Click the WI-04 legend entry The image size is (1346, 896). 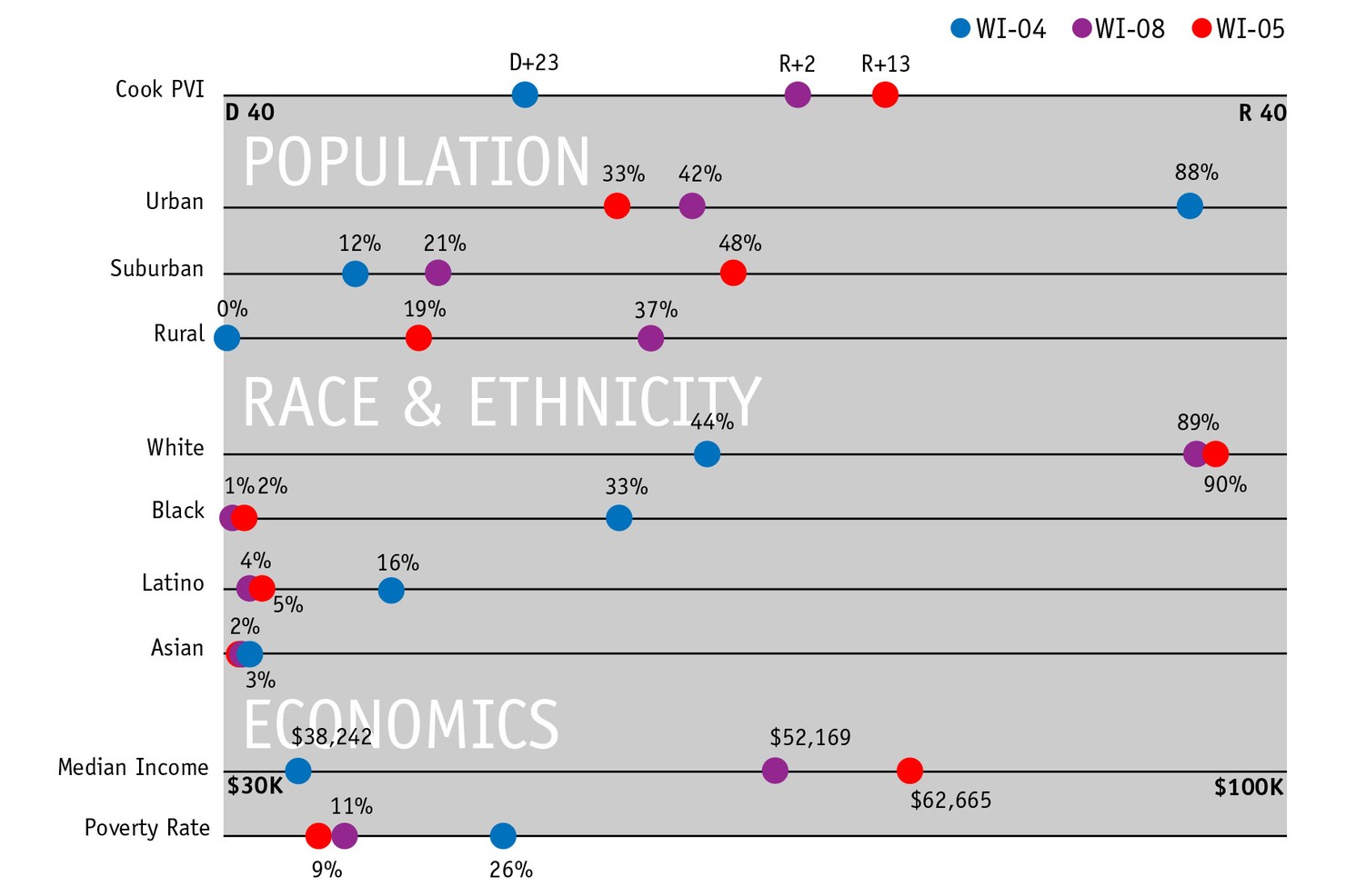[999, 29]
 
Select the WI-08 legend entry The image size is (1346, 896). [1119, 29]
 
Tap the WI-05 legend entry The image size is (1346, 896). [1239, 29]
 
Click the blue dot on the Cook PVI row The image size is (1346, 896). [525, 95]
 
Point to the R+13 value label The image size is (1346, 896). [886, 65]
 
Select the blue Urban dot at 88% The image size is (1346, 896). [1190, 206]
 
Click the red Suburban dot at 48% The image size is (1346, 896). [733, 273]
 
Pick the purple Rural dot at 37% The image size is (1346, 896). [650, 338]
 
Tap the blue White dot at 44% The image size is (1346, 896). [707, 453]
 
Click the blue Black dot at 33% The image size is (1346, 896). [618, 518]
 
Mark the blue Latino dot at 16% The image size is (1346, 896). [391, 591]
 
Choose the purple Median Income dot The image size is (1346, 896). [775, 771]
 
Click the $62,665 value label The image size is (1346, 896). [950, 801]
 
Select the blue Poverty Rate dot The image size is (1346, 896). [503, 835]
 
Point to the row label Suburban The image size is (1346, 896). [156, 269]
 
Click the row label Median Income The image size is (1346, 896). [133, 768]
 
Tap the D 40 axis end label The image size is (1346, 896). [249, 113]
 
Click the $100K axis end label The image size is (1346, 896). [1248, 788]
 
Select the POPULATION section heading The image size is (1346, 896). [417, 163]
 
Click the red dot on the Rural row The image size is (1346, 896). [418, 338]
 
